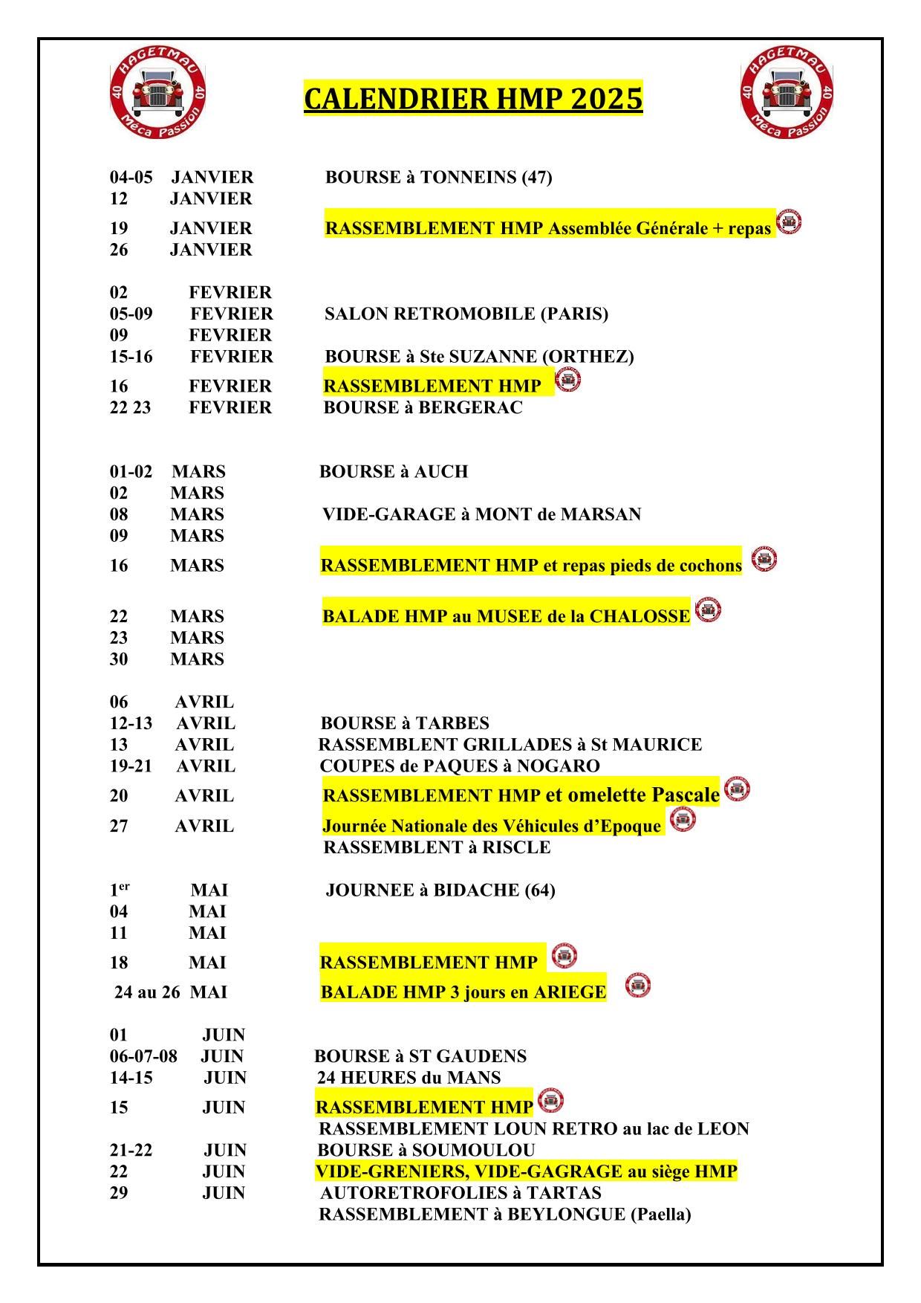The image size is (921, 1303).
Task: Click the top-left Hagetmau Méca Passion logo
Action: coord(157,92)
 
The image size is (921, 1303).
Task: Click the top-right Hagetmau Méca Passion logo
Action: coord(787,92)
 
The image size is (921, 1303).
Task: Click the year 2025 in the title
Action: coord(606,99)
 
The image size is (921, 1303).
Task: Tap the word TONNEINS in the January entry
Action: coord(468,178)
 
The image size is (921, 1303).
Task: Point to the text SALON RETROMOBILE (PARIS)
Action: coord(466,314)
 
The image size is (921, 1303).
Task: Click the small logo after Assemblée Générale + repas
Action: coord(788,222)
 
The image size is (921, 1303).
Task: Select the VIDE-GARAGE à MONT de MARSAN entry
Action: coord(481,514)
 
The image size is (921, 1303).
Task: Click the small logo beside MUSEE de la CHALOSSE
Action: coord(708,610)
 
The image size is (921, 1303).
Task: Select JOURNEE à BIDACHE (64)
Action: coord(440,890)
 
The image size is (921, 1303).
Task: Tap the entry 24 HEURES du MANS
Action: coord(409,1078)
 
